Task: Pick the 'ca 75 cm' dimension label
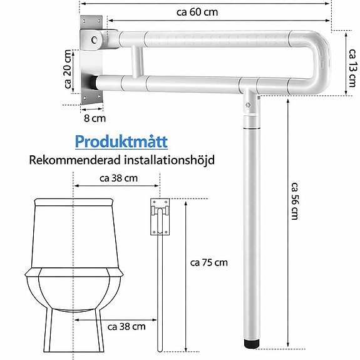click(x=210, y=262)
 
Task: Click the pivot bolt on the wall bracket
click(x=95, y=40)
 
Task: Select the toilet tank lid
click(x=74, y=203)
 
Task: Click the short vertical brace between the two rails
click(x=135, y=63)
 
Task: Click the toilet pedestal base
click(x=73, y=326)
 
